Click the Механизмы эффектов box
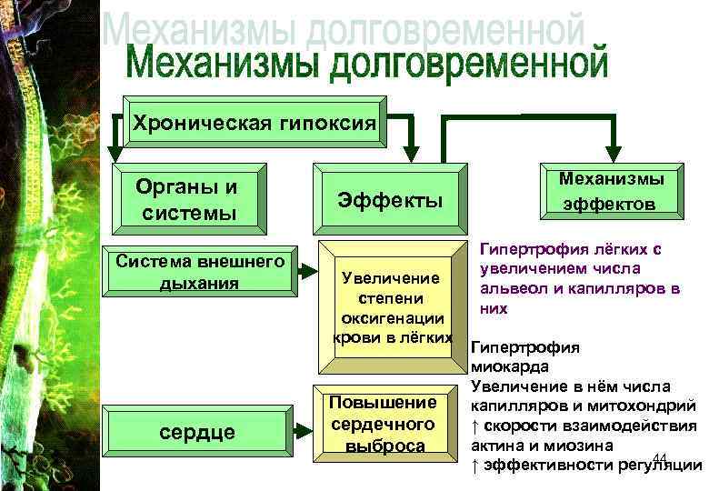point(608,192)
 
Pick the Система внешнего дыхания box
point(201,272)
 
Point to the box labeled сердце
point(196,431)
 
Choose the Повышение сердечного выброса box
point(384,423)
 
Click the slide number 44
point(660,456)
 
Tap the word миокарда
point(510,366)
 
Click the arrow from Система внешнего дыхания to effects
point(310,270)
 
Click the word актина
point(497,446)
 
